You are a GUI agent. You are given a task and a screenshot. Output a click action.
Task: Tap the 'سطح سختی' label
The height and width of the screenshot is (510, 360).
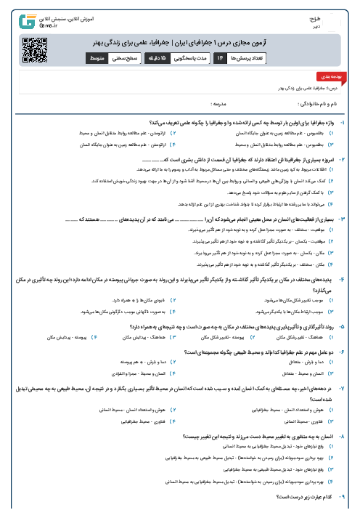pyautogui.click(x=124, y=56)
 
